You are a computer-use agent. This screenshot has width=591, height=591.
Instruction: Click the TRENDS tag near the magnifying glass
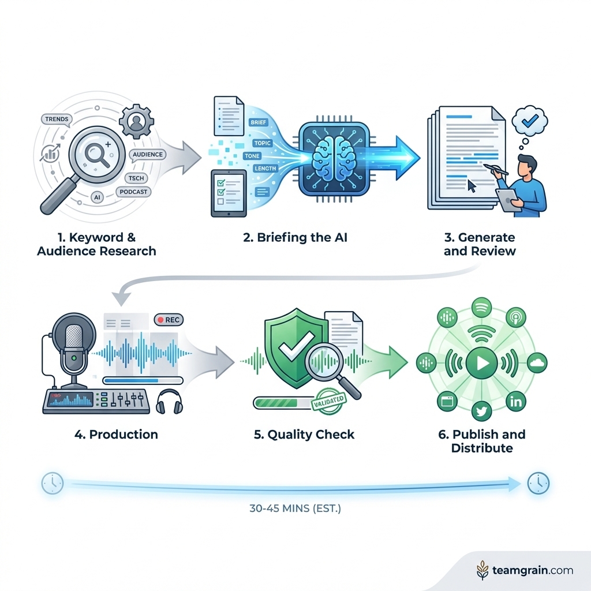pyautogui.click(x=55, y=119)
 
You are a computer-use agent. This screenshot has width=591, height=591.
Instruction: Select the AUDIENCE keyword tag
pyautogui.click(x=147, y=155)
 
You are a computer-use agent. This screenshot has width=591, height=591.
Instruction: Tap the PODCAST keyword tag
pyautogui.click(x=134, y=192)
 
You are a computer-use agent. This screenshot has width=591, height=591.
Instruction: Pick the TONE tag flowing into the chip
pyautogui.click(x=253, y=156)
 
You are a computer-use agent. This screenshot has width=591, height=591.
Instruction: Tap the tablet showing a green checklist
pyautogui.click(x=229, y=193)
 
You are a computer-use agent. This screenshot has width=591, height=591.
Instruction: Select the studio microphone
pyautogui.click(x=73, y=347)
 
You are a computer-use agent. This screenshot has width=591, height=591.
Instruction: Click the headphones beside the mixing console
pyautogui.click(x=169, y=401)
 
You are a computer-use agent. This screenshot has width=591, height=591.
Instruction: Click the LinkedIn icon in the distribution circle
pyautogui.click(x=515, y=402)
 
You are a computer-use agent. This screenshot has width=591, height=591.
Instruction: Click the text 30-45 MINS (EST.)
pyautogui.click(x=295, y=510)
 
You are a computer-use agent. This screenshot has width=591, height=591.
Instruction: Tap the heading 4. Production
pyautogui.click(x=115, y=434)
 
